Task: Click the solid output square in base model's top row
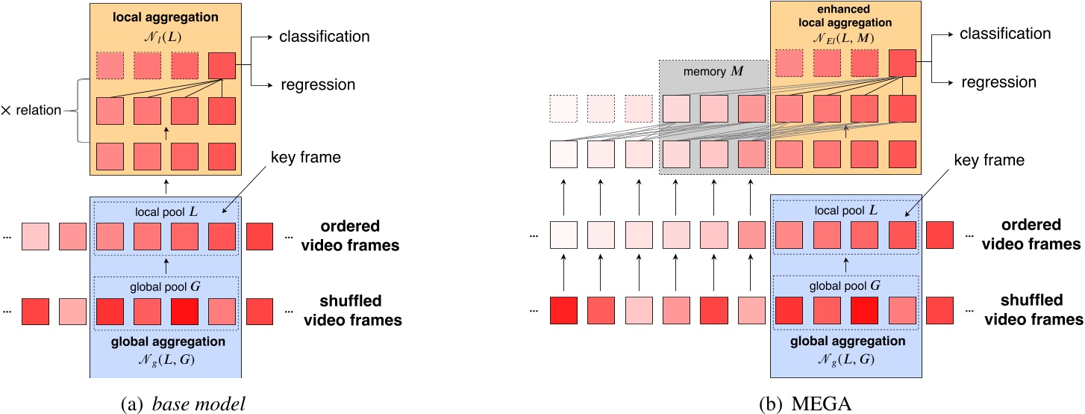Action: [221, 65]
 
